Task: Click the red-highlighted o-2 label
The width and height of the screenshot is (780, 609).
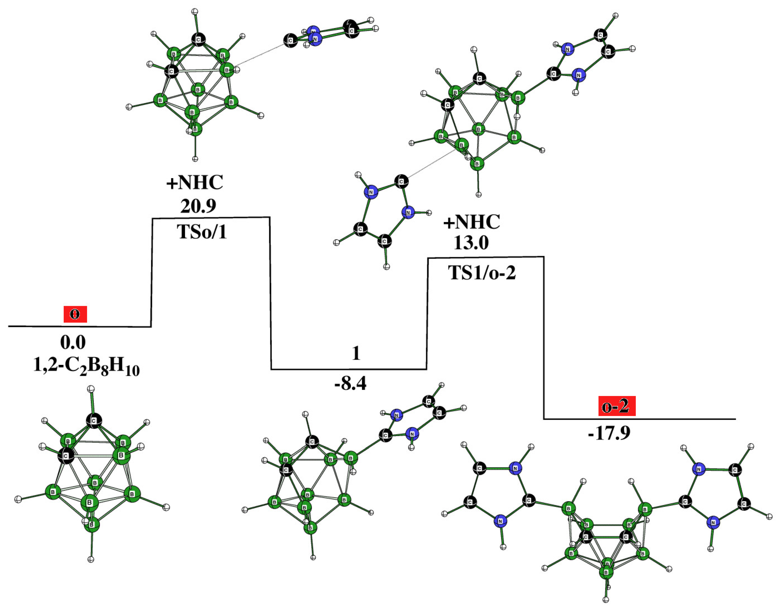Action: (x=617, y=407)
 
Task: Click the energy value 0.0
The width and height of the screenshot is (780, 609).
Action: (x=73, y=343)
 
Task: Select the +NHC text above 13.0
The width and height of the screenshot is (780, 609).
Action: (x=471, y=222)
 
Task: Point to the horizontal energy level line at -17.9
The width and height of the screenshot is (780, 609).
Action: (x=639, y=419)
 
